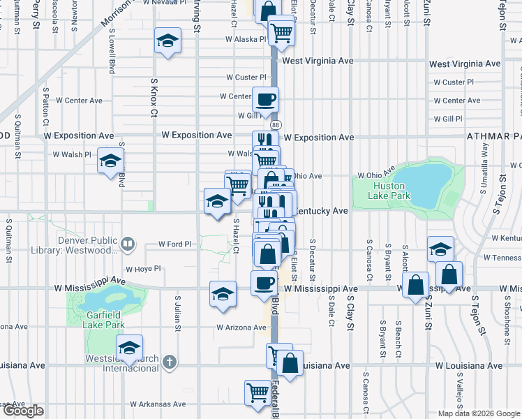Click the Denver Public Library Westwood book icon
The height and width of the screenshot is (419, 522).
pos(127,244)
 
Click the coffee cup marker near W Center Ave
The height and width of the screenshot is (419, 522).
pos(264,98)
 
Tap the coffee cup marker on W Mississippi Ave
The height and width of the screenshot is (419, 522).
pos(264,283)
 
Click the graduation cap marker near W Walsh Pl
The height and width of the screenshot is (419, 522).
pos(110,161)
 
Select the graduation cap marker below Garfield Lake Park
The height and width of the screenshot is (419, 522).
pos(130,347)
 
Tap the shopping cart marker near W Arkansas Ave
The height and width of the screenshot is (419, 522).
pos(258,392)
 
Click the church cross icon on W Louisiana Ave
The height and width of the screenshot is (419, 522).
pos(168,362)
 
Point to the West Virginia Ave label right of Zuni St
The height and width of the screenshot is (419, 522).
pos(465,64)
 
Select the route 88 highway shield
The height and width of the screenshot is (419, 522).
pos(276,124)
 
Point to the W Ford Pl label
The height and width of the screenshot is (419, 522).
pos(174,244)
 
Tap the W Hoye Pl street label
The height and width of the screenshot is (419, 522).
pos(143,268)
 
